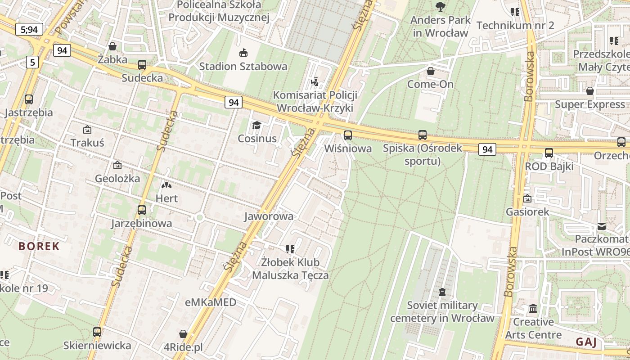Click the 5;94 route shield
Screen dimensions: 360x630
coord(30,30)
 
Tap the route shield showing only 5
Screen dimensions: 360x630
coord(32,62)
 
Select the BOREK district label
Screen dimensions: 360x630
coord(39,246)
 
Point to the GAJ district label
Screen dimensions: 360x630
coord(586,342)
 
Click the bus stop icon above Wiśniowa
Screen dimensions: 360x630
coord(347,135)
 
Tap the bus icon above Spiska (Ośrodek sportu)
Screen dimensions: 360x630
coord(422,135)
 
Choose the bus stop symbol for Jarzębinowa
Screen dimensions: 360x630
coord(142,210)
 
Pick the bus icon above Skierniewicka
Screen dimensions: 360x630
coord(97,332)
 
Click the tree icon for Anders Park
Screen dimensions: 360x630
coord(440,6)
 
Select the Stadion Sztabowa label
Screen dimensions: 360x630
coord(243,67)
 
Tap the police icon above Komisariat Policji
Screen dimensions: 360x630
coord(315,81)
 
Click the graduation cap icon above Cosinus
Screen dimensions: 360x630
coord(256,125)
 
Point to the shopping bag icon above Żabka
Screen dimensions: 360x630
coord(112,46)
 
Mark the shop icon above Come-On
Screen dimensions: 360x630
coord(431,71)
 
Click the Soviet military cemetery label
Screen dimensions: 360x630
coord(442,311)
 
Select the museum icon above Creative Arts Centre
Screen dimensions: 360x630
coord(533,309)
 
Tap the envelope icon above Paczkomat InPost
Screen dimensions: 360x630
coord(602,226)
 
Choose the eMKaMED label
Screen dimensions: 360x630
coord(211,302)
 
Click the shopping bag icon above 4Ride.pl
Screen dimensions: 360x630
coord(183,334)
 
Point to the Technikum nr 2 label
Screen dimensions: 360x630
coord(515,25)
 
